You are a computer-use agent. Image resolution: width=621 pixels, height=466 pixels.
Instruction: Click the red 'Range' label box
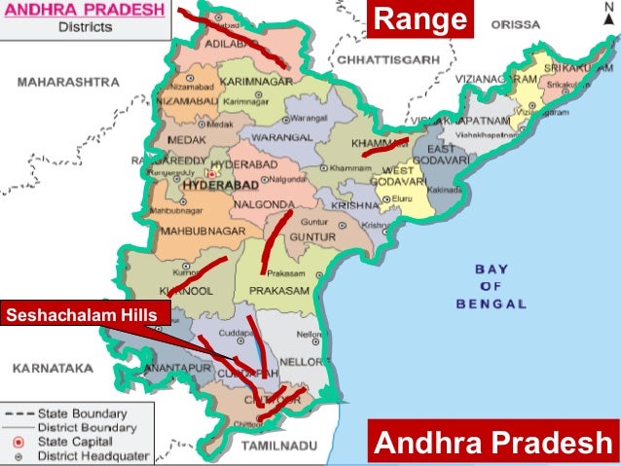coord(420,18)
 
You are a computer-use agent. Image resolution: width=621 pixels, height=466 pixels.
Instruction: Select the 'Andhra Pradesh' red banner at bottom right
coord(493,444)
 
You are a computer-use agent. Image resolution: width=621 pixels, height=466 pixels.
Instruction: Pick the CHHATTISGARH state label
coord(380,59)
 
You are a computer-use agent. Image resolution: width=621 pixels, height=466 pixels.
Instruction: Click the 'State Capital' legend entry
coord(78,441)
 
